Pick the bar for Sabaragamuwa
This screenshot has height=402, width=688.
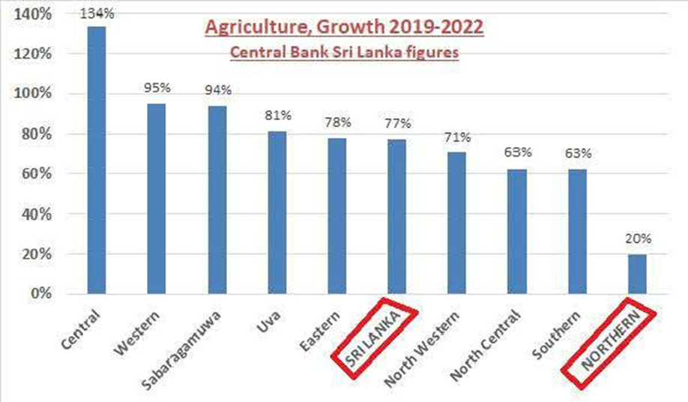pos(217,199)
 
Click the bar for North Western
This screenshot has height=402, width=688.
pos(456,222)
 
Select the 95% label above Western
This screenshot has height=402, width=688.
pos(157,87)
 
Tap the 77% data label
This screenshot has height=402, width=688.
pos(396,123)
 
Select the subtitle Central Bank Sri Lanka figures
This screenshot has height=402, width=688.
pos(344,54)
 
